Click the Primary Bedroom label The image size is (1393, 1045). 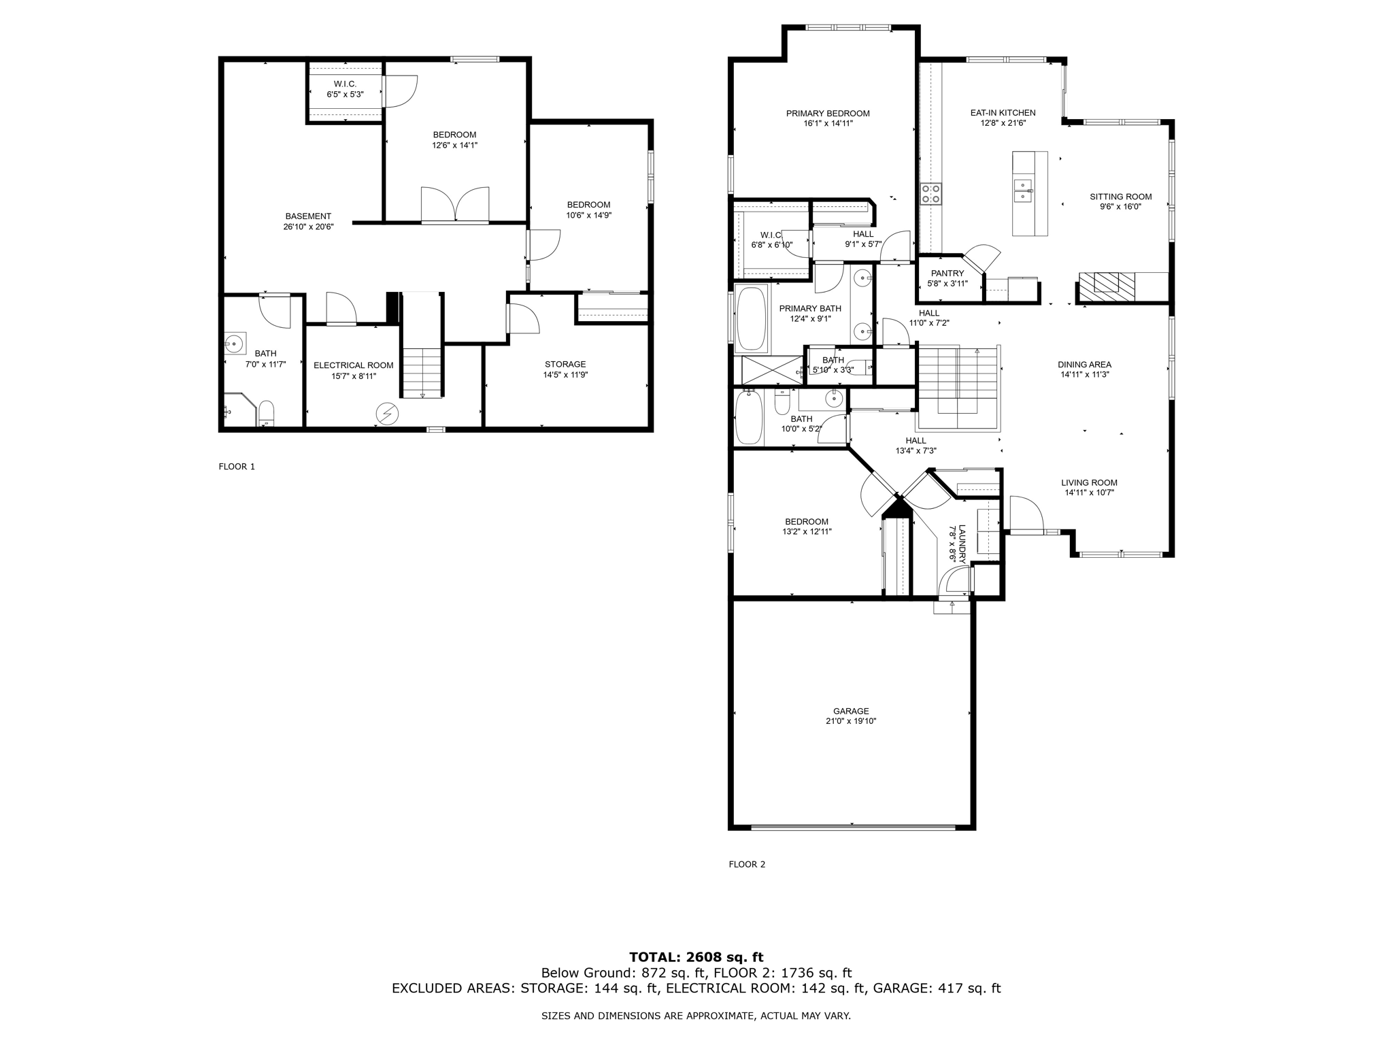(828, 114)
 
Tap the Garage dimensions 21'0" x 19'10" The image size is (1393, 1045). (851, 721)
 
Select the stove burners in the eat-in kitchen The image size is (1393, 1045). (931, 194)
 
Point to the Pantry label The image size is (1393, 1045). (947, 273)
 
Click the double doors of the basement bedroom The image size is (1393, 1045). (455, 205)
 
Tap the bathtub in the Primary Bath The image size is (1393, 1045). (752, 318)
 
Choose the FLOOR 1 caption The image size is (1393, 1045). (237, 467)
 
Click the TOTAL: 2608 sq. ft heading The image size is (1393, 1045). (696, 958)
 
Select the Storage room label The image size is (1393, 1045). (565, 364)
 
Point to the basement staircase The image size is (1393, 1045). (422, 371)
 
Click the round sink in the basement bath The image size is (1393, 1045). (235, 344)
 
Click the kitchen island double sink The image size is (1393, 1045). (1022, 190)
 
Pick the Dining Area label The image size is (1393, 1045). (1084, 365)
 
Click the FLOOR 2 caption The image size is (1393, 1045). (747, 865)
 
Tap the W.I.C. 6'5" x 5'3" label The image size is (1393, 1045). (345, 84)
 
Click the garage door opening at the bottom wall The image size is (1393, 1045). (852, 827)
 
